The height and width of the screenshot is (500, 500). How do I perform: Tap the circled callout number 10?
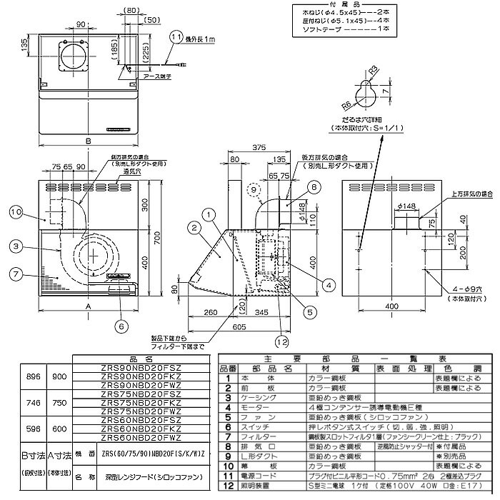[16, 211]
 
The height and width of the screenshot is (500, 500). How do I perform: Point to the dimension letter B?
[88, 141]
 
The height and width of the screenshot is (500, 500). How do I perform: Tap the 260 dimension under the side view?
[210, 313]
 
